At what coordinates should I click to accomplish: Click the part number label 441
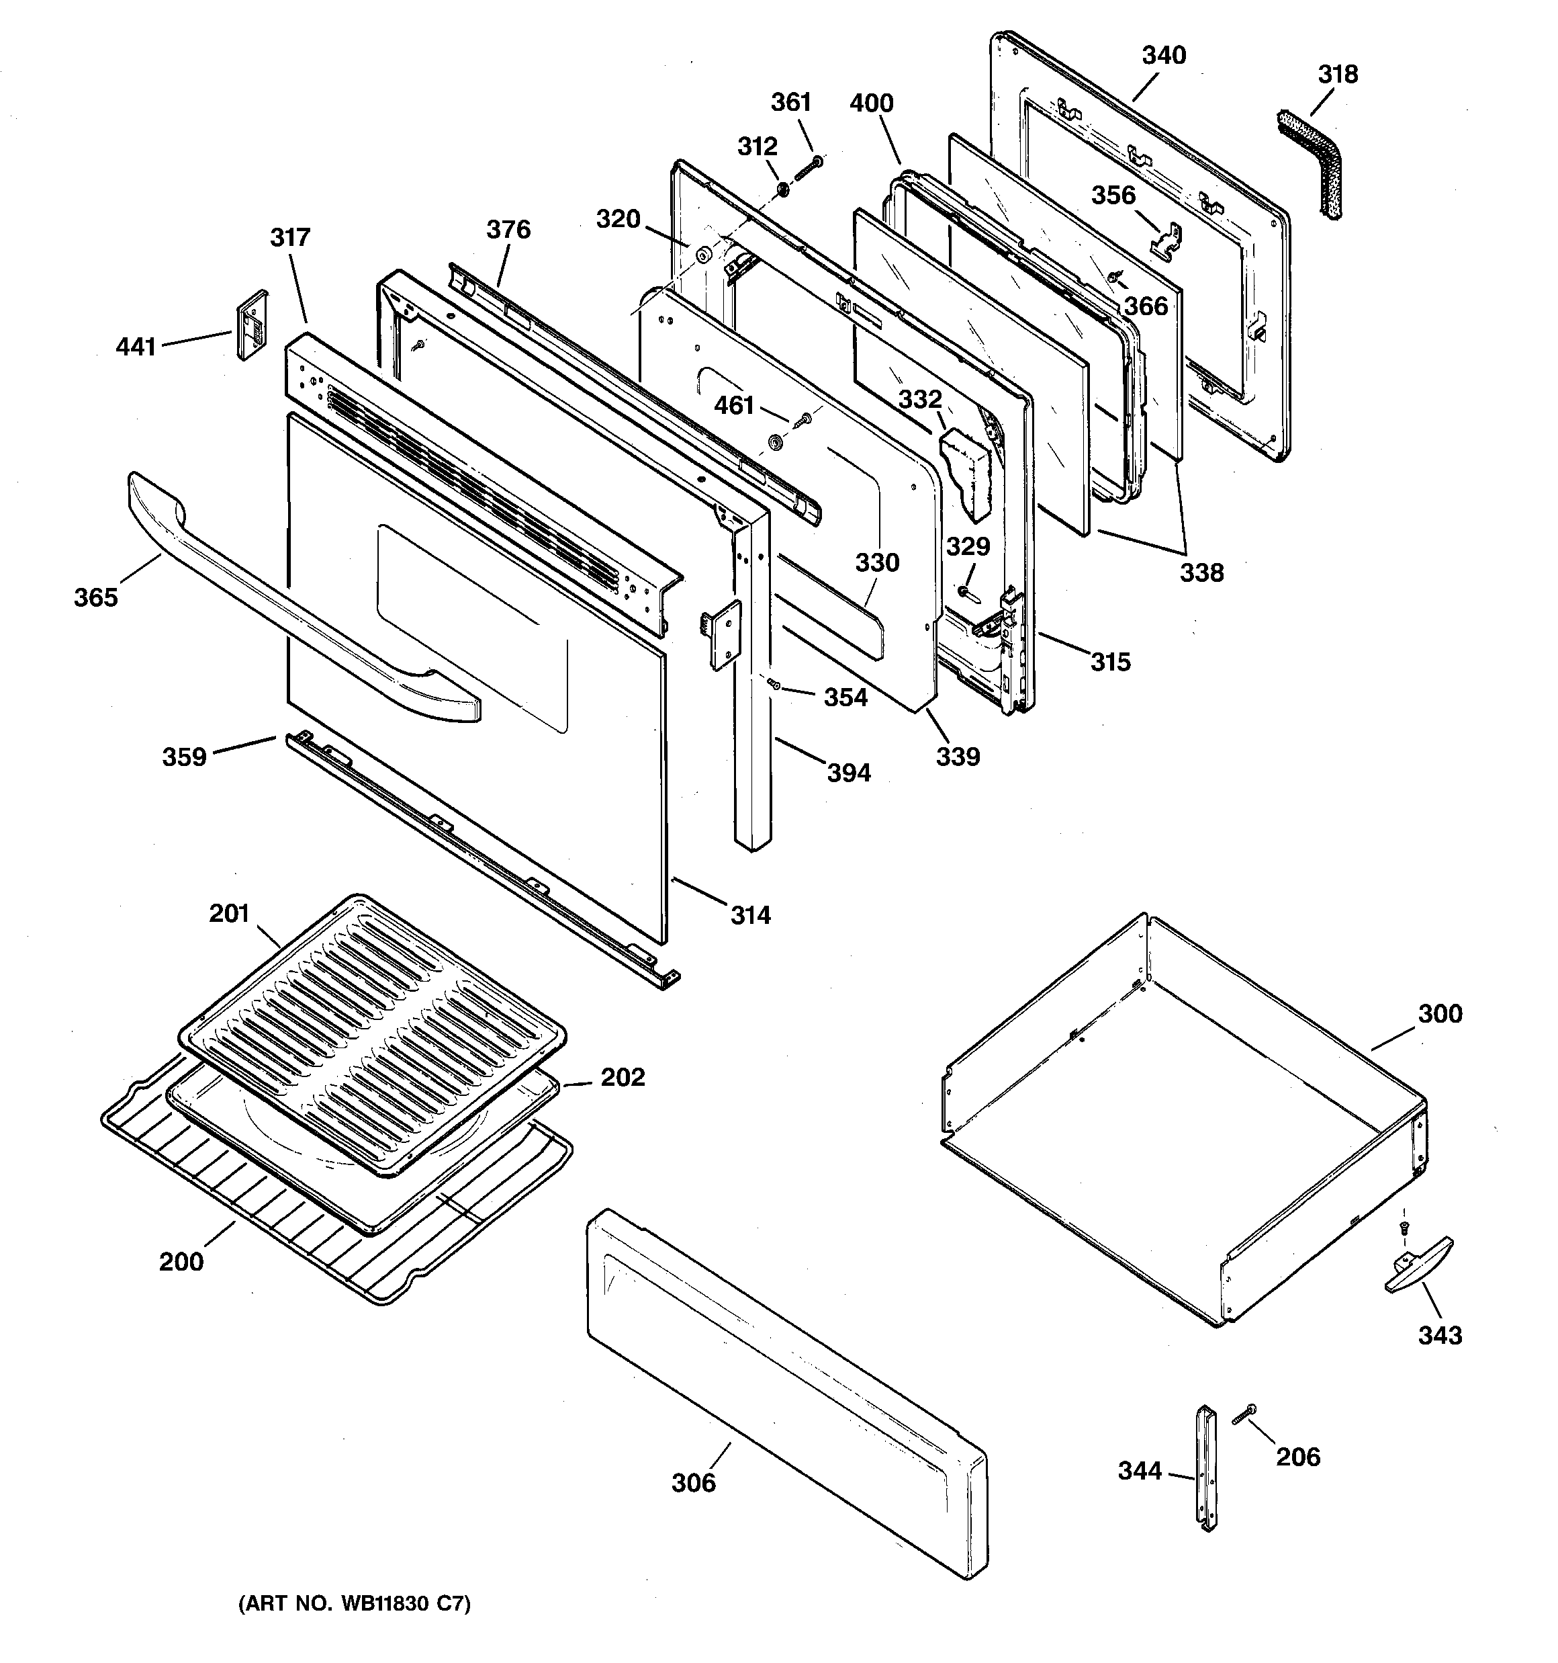136,346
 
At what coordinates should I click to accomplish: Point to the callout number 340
1163,55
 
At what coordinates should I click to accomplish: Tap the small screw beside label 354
774,684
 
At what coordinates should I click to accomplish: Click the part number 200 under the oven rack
181,1261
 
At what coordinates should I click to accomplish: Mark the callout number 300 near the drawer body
1439,1014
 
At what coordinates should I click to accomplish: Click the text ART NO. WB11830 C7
355,1604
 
